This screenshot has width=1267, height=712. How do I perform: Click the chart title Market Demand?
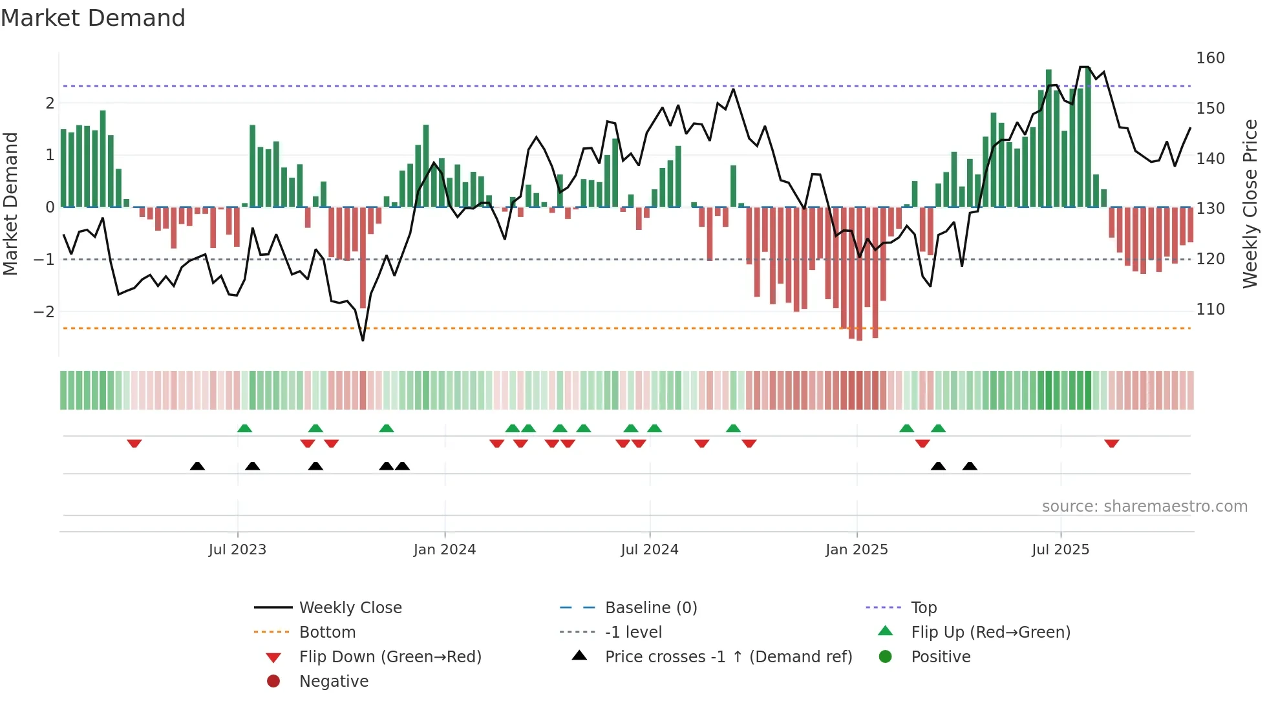tap(93, 18)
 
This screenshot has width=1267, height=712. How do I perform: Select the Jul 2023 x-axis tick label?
tap(237, 550)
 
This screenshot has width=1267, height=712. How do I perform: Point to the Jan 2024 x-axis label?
tap(445, 550)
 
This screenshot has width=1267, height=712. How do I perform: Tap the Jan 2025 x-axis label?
tap(857, 550)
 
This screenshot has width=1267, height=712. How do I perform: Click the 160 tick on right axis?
tap(1210, 58)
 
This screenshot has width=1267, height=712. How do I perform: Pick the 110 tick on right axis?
tap(1210, 309)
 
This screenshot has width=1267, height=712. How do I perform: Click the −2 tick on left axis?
tap(44, 312)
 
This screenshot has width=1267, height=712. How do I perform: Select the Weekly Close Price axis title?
tap(1250, 204)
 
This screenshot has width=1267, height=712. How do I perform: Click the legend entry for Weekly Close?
tap(350, 608)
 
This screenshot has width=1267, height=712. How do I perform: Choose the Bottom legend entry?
tap(327, 633)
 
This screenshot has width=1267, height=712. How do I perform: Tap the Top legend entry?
tap(924, 608)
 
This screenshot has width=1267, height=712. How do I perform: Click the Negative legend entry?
tap(334, 682)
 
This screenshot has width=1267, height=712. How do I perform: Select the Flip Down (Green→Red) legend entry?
tap(390, 657)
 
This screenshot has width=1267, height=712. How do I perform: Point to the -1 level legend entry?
tap(633, 633)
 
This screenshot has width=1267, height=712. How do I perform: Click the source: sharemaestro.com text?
tap(1144, 507)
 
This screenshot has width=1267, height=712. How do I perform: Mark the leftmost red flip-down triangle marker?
tap(134, 443)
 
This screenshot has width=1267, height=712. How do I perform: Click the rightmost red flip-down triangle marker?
tap(1111, 443)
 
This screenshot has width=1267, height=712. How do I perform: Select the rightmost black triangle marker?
tap(970, 466)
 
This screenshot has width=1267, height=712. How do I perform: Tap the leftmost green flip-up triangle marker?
tap(244, 428)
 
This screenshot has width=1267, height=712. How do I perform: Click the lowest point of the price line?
tap(363, 340)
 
